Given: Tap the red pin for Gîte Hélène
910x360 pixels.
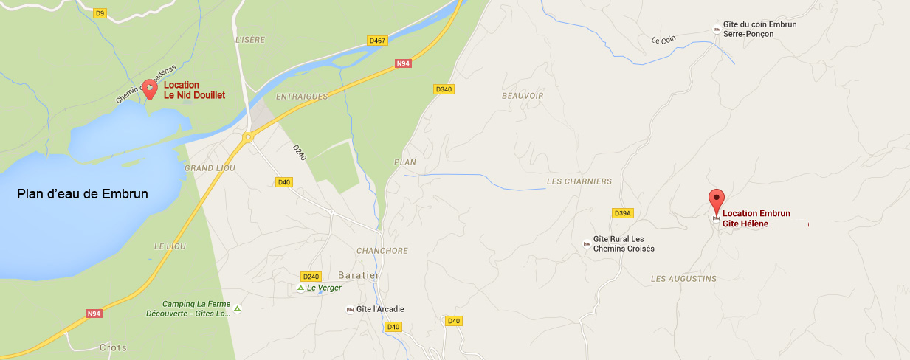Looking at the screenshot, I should pos(716,199).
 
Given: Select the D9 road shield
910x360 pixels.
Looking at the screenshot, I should pos(100,13).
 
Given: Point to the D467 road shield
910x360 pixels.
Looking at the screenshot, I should pos(377,41).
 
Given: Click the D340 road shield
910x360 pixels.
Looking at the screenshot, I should pos(443,89).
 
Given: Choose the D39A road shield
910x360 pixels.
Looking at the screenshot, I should pos(623,213).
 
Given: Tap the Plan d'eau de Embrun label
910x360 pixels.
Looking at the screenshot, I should pos(83,194).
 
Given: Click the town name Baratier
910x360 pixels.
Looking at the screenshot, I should pos(360,275).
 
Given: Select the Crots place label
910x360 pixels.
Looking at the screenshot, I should pos(113,347).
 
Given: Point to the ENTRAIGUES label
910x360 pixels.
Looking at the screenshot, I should pos(301,97).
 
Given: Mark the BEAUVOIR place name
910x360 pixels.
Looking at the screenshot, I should pos(522,96).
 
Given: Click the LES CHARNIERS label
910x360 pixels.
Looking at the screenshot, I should pos(579,181).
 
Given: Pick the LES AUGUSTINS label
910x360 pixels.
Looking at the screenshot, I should pos(683,279).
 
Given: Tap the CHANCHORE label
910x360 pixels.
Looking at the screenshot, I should pos(382,251).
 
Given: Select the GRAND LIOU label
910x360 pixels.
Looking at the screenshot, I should pos(204,168).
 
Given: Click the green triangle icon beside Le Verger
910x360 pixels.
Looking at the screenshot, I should pos(300,288).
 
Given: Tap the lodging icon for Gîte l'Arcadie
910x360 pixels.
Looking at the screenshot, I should pos(350,310).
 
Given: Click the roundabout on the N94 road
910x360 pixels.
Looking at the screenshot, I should pos(249,136).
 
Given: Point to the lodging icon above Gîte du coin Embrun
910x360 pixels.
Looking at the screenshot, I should pos(716,30).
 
